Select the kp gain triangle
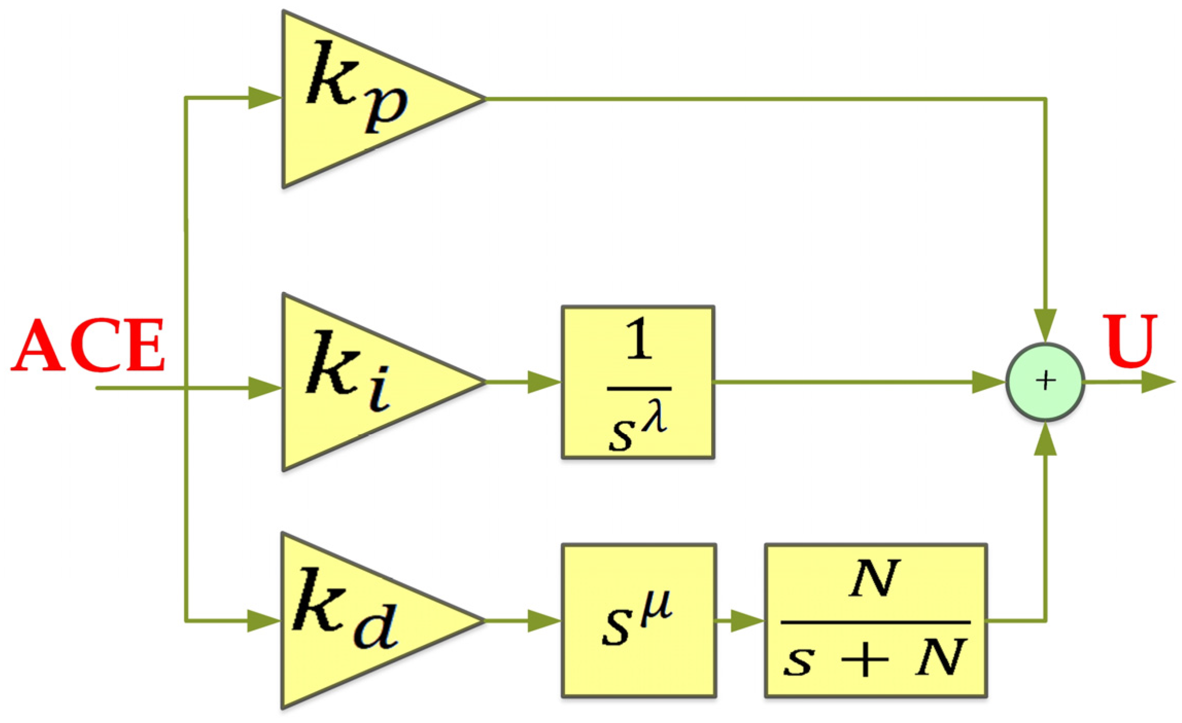(361, 99)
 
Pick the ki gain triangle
(361, 382)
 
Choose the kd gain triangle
(361, 621)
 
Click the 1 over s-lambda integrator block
(638, 382)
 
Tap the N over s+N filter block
(876, 621)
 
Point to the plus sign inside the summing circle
(1046, 381)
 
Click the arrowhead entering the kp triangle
(264, 98)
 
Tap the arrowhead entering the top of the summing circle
(1046, 324)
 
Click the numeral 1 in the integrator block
(639, 338)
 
